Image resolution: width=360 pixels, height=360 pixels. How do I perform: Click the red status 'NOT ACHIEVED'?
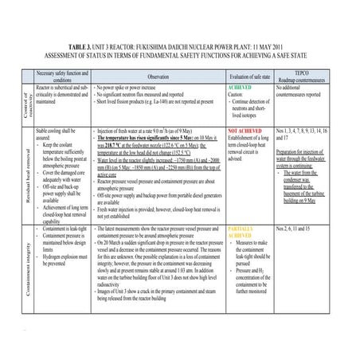[x=246, y=129]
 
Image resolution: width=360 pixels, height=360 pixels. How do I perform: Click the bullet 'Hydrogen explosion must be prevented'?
[x=68, y=256]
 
